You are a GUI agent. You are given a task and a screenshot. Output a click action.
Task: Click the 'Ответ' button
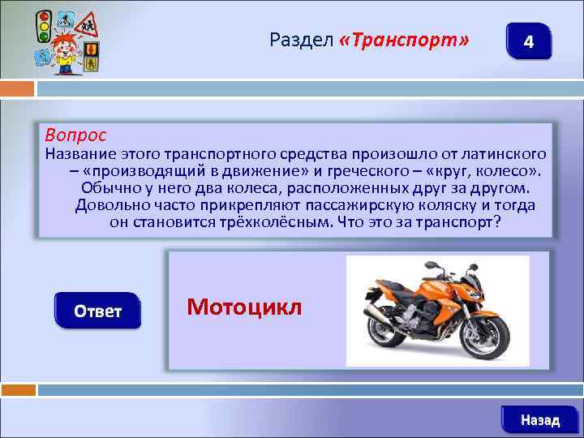tap(98, 311)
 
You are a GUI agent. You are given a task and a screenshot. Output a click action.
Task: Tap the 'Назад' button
tap(539, 420)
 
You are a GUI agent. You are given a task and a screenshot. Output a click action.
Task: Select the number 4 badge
tap(528, 41)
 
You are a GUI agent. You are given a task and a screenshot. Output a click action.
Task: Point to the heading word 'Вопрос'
tap(75, 133)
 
